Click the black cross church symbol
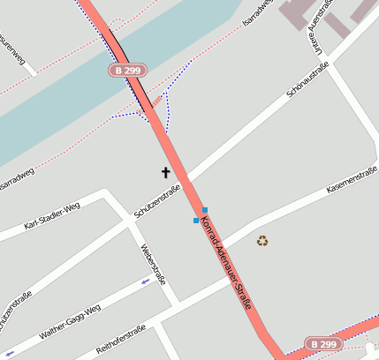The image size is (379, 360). pyautogui.click(x=165, y=172)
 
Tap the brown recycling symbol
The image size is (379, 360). pyautogui.click(x=262, y=240)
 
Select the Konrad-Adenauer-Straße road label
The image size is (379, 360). pyautogui.click(x=228, y=265)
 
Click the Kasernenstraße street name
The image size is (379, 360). pyautogui.click(x=352, y=183)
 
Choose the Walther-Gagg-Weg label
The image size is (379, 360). pyautogui.click(x=70, y=322)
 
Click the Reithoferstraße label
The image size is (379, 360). pyautogui.click(x=120, y=340)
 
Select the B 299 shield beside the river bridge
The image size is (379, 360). pyautogui.click(x=127, y=69)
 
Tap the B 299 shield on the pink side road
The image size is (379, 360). pyautogui.click(x=322, y=343)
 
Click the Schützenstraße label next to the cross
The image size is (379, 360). pyautogui.click(x=156, y=201)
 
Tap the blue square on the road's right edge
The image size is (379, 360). pyautogui.click(x=205, y=209)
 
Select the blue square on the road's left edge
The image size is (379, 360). pyautogui.click(x=196, y=220)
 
